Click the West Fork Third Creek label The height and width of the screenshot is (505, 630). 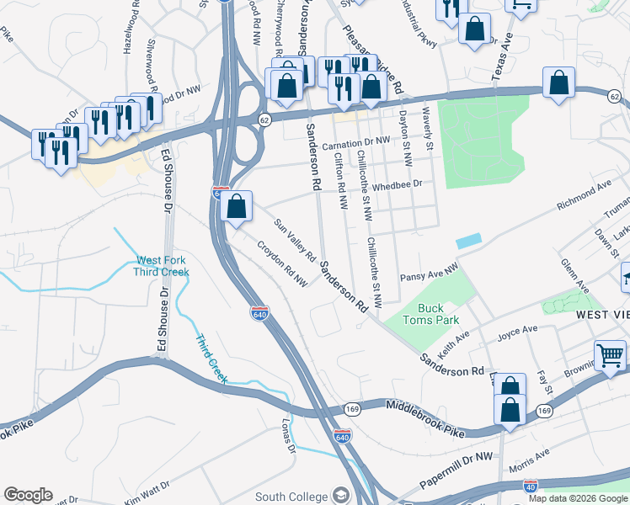(x=162, y=266)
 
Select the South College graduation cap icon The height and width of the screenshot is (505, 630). (x=341, y=494)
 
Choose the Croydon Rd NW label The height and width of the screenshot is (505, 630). (x=283, y=264)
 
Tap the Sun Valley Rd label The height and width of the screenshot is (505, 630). (x=294, y=240)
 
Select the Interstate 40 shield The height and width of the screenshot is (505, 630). (x=531, y=487)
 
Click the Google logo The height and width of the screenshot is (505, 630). (x=28, y=495)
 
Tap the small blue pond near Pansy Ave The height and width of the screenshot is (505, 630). (x=468, y=241)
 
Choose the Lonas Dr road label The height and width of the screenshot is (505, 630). (x=290, y=436)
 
